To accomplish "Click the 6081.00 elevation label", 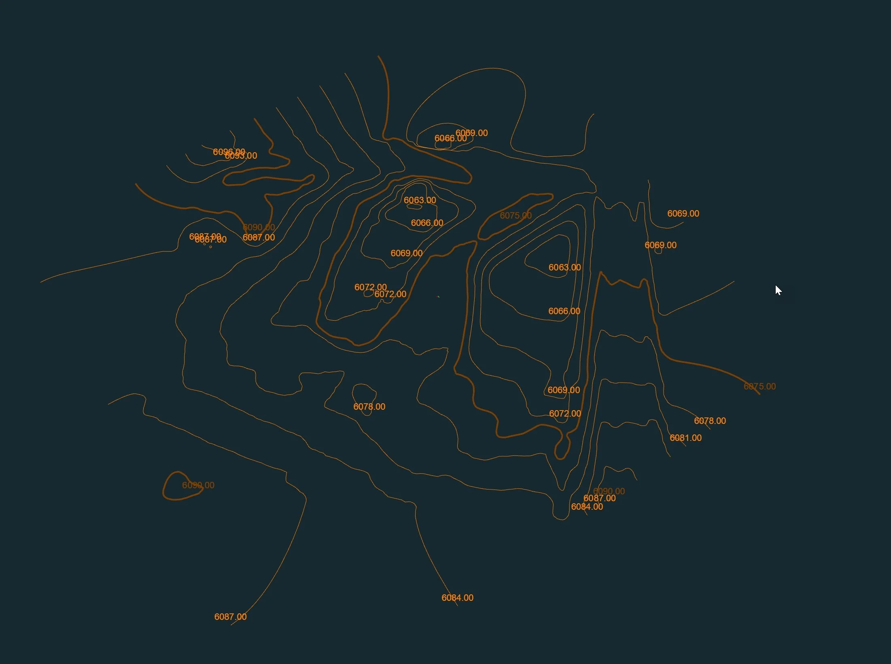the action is [685, 438].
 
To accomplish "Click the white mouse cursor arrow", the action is [778, 290].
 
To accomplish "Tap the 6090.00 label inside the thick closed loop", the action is [198, 485].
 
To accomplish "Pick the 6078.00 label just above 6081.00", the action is [710, 421].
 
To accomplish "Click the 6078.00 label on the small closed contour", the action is [369, 406].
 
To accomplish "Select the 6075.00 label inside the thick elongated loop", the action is [516, 215].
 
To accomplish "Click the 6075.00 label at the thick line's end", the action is [759, 386].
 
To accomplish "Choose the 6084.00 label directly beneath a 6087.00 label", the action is [587, 507].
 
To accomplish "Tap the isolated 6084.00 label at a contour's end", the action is [457, 598].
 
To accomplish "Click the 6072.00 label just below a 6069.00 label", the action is [564, 413].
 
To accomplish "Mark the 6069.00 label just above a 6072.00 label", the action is [564, 390].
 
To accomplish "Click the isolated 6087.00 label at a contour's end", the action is [230, 617].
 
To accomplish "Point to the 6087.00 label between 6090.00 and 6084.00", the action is [599, 498].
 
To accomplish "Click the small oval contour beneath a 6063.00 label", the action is [414, 206].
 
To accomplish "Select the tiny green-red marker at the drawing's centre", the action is [438, 297].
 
